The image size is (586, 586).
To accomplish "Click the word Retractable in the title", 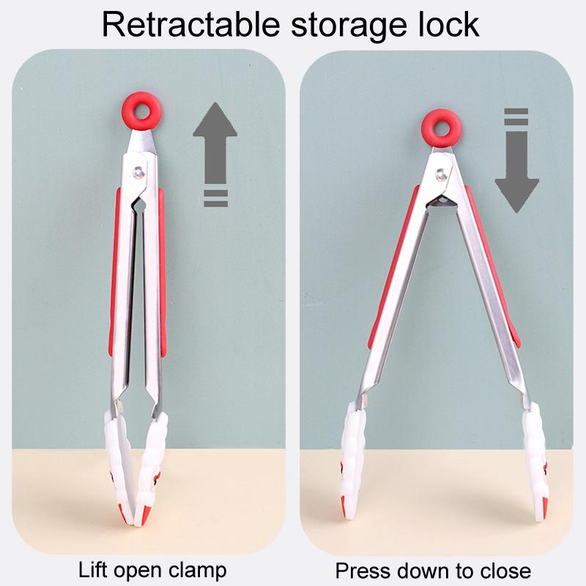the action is [191, 25].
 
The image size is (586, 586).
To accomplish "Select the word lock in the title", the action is [448, 25].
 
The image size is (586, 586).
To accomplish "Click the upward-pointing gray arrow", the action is [215, 143].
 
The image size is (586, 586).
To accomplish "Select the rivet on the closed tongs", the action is [139, 173].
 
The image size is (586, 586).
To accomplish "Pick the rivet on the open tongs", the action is [442, 174].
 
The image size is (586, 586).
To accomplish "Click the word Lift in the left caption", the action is [93, 570].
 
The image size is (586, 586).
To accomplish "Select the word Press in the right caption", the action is [359, 571].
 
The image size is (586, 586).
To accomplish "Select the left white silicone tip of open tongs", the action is [352, 461].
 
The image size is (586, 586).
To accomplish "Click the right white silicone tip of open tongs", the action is [535, 464].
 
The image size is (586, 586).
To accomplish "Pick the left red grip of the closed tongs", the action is [114, 272].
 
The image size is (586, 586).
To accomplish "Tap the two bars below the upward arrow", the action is [215, 198].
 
